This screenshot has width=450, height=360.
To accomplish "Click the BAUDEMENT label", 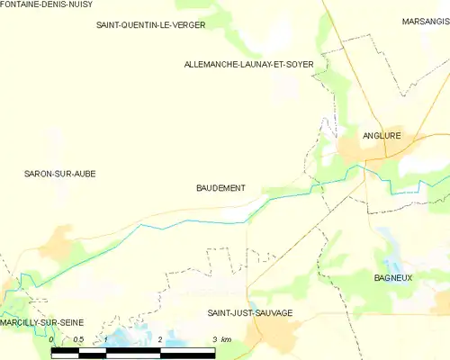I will tap(220, 188).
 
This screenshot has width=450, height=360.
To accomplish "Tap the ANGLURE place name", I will tap(380, 136).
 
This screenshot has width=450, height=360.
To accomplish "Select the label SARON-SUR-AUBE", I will tap(59, 173).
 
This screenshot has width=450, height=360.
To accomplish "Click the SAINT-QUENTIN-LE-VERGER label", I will tap(151, 25).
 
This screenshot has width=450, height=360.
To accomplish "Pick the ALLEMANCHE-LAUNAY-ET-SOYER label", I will tap(248, 65).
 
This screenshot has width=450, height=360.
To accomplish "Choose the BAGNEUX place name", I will tap(393, 278).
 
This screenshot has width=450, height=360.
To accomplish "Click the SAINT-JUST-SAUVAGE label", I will tap(250, 313).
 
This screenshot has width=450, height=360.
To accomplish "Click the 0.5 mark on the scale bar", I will tap(78, 339).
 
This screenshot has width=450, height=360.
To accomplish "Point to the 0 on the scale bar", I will tap(51, 339).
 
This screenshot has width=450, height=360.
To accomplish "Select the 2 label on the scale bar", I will tap(160, 339).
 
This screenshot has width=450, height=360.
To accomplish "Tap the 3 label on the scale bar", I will tap(214, 339).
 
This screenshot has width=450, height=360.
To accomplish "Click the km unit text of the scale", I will tap(227, 339).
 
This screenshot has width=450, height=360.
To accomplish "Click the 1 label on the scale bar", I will tap(106, 339).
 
